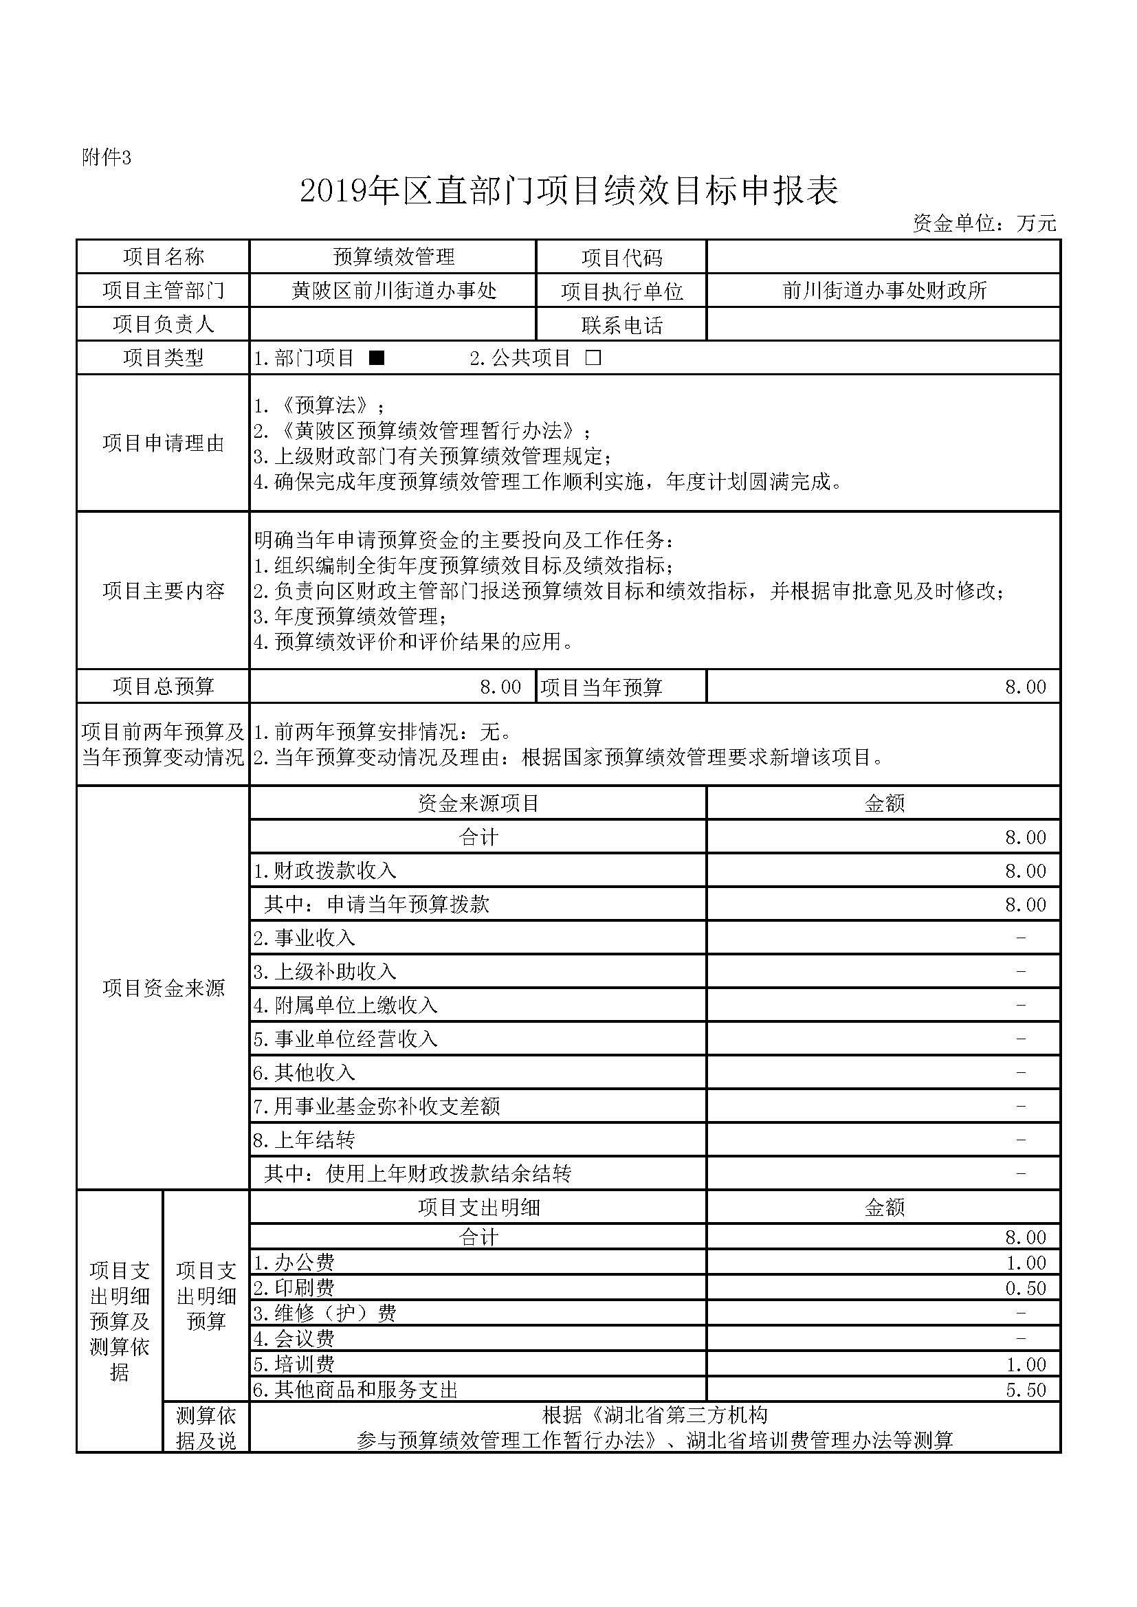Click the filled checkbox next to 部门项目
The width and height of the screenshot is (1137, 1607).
tap(377, 358)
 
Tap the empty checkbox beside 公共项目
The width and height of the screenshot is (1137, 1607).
tap(593, 358)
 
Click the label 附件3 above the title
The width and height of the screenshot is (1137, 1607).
tap(107, 158)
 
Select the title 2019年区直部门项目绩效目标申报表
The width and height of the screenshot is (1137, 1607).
tap(568, 191)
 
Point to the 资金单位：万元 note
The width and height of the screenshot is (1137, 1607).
tap(984, 223)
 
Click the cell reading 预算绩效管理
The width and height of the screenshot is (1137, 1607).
tap(393, 257)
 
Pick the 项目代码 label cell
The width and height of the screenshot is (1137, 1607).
tap(621, 258)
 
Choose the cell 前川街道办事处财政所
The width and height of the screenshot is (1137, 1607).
tap(884, 291)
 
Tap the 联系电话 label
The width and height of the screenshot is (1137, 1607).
tap(621, 324)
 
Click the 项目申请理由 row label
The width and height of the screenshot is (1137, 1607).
tap(163, 443)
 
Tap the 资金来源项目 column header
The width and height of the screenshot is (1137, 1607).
tap(478, 803)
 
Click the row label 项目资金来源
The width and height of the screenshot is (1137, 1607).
tap(163, 988)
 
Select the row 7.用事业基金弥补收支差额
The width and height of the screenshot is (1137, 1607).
tap(377, 1106)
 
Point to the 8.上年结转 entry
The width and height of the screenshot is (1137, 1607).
tap(305, 1140)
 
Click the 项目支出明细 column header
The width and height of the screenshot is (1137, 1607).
tap(478, 1208)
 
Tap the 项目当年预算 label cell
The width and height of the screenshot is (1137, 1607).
tap(601, 687)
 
